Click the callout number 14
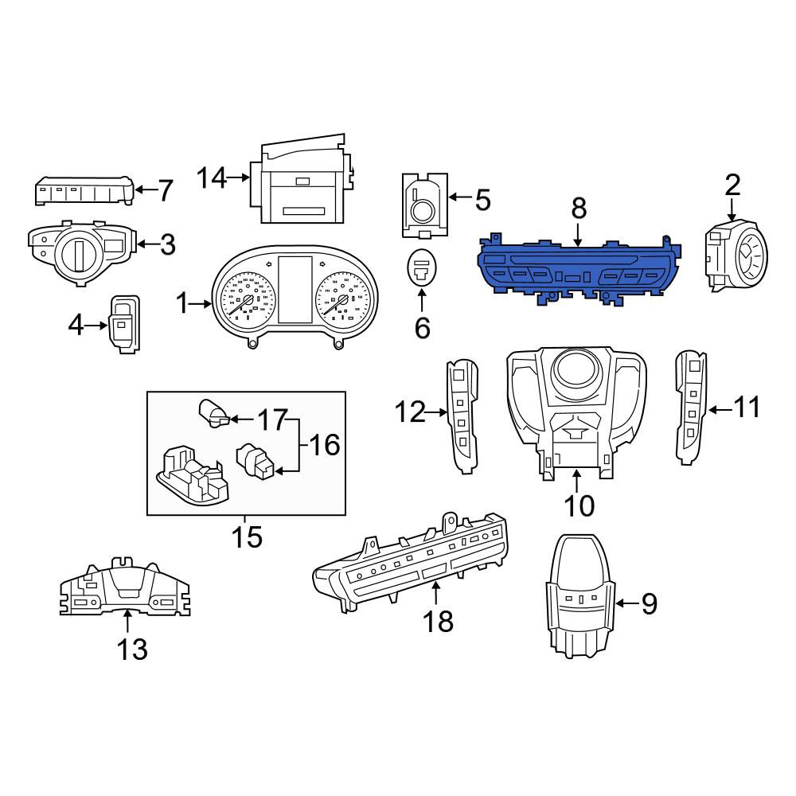pos(212,178)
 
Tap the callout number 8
pos(579,208)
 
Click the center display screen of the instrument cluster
pos(295,289)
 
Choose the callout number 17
pos(272,419)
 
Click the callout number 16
pos(325,445)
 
